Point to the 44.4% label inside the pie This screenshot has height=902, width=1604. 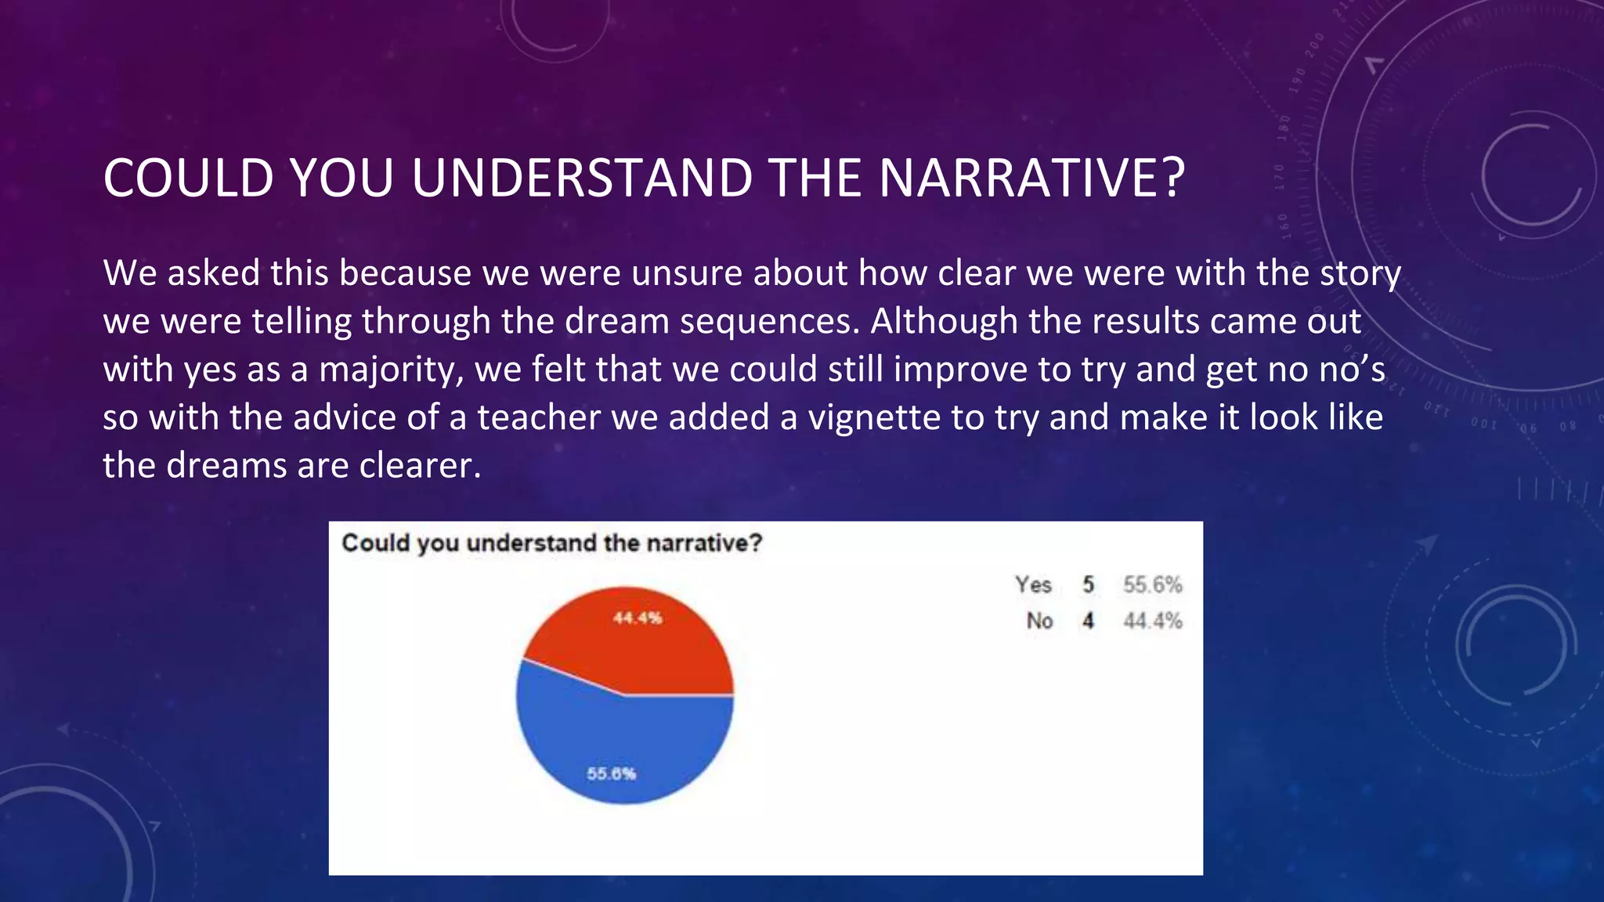click(638, 619)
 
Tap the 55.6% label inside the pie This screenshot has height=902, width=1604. click(612, 774)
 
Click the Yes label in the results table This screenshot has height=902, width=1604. click(1033, 585)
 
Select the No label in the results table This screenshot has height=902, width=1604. click(1039, 621)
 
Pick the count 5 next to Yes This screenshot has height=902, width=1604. click(1089, 585)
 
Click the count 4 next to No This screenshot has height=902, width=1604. click(1089, 621)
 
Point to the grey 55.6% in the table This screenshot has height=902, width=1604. click(1152, 585)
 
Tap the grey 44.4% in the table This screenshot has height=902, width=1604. click(1152, 621)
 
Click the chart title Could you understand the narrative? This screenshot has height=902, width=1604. click(551, 543)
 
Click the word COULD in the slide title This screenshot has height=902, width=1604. click(189, 179)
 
